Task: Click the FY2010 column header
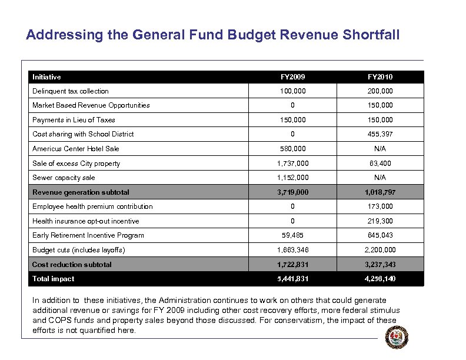[x=381, y=77]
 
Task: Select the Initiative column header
[x=46, y=77]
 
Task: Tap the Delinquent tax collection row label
[x=71, y=91]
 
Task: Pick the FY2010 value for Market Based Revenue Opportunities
[x=381, y=105]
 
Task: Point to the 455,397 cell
[x=381, y=134]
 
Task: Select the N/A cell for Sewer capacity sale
[x=381, y=178]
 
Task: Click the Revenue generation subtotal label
[x=81, y=192]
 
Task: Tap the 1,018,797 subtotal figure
[x=381, y=192]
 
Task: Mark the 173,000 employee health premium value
[x=381, y=206]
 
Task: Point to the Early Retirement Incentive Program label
[x=88, y=235]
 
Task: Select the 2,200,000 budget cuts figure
[x=381, y=250]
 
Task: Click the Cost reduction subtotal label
[x=72, y=265]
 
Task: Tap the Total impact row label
[x=54, y=279]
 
